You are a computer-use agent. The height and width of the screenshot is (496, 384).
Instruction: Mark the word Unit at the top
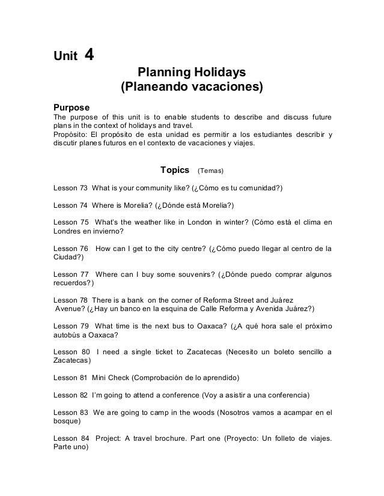[x=65, y=57]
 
